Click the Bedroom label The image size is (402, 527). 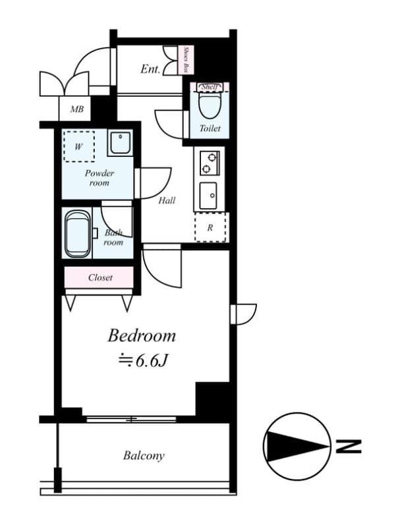tap(142, 336)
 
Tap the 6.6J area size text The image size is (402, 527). tap(142, 360)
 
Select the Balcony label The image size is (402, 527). tap(144, 455)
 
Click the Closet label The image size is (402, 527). tap(100, 278)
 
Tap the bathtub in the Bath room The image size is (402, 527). tap(78, 234)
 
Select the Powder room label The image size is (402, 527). tap(99, 178)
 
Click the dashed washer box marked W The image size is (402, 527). tap(78, 146)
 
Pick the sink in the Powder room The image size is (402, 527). tap(120, 143)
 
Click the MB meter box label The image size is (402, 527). tap(76, 109)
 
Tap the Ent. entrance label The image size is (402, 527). tap(150, 69)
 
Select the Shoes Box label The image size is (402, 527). tap(187, 60)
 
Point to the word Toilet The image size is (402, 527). tap(210, 128)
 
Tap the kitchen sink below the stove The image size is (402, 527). tap(210, 195)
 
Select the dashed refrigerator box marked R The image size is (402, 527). tap(210, 228)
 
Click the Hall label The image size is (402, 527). tap(167, 200)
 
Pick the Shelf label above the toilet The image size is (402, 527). tap(210, 87)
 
